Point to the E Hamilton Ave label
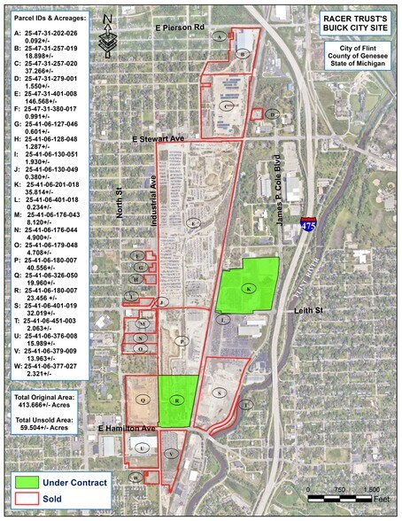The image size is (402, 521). [127, 430]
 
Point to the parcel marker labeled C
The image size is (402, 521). [227, 105]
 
